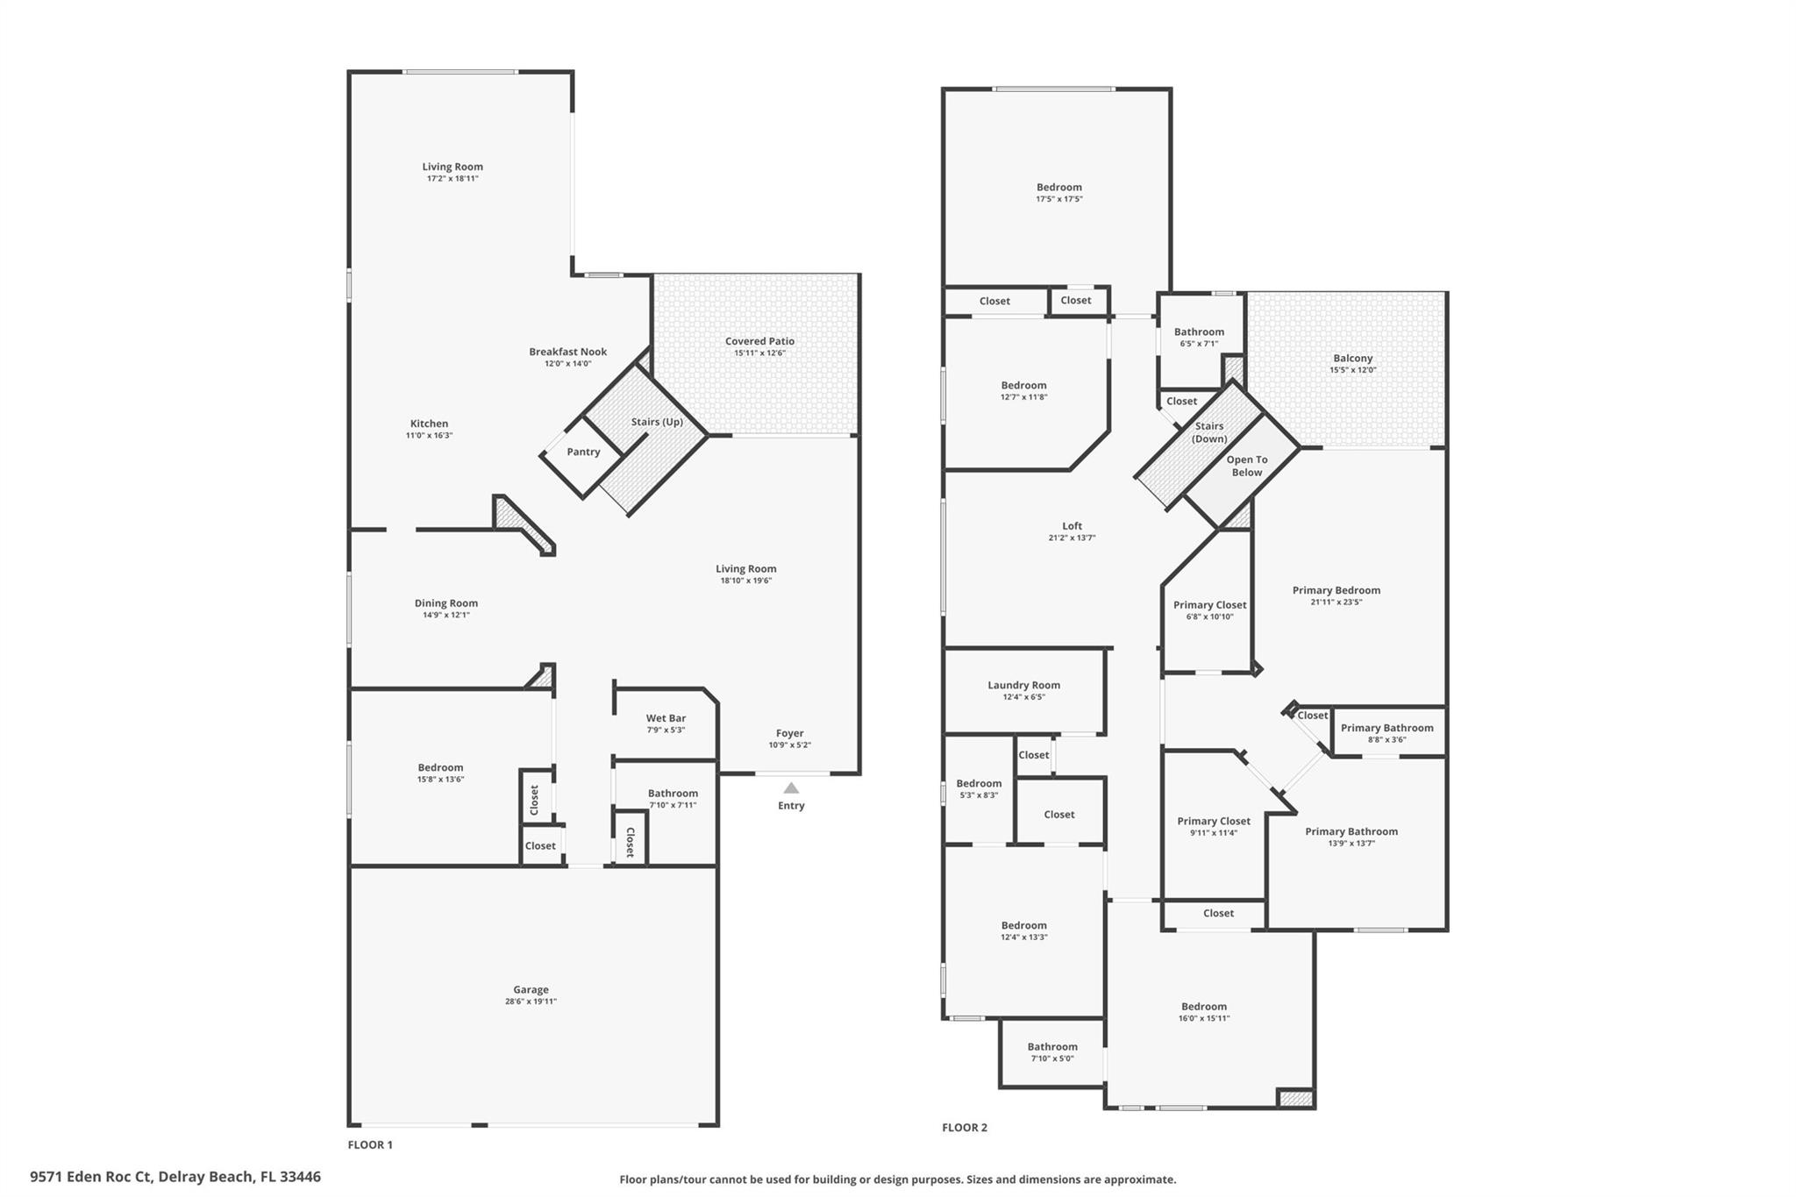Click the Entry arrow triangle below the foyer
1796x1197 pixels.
coord(791,787)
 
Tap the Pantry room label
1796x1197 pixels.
coord(583,452)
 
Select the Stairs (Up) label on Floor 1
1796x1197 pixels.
coord(657,422)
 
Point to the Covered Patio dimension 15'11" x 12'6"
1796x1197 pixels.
coord(759,353)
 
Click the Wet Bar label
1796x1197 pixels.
coord(666,718)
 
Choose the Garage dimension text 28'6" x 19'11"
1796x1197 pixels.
coord(531,1001)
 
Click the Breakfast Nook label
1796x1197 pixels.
coord(567,352)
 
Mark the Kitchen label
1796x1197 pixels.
coord(429,424)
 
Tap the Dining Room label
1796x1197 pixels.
coord(446,603)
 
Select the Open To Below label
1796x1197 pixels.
coord(1247,466)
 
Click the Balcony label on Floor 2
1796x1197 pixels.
coord(1353,358)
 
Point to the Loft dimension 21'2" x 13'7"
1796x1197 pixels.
coord(1072,538)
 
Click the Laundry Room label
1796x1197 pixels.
coord(1023,685)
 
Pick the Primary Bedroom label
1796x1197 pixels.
coord(1336,590)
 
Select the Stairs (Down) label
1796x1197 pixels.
coord(1209,432)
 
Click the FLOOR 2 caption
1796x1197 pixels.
coord(965,1128)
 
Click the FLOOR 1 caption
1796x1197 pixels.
coord(370,1144)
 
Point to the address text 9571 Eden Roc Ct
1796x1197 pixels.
coord(91,1177)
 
